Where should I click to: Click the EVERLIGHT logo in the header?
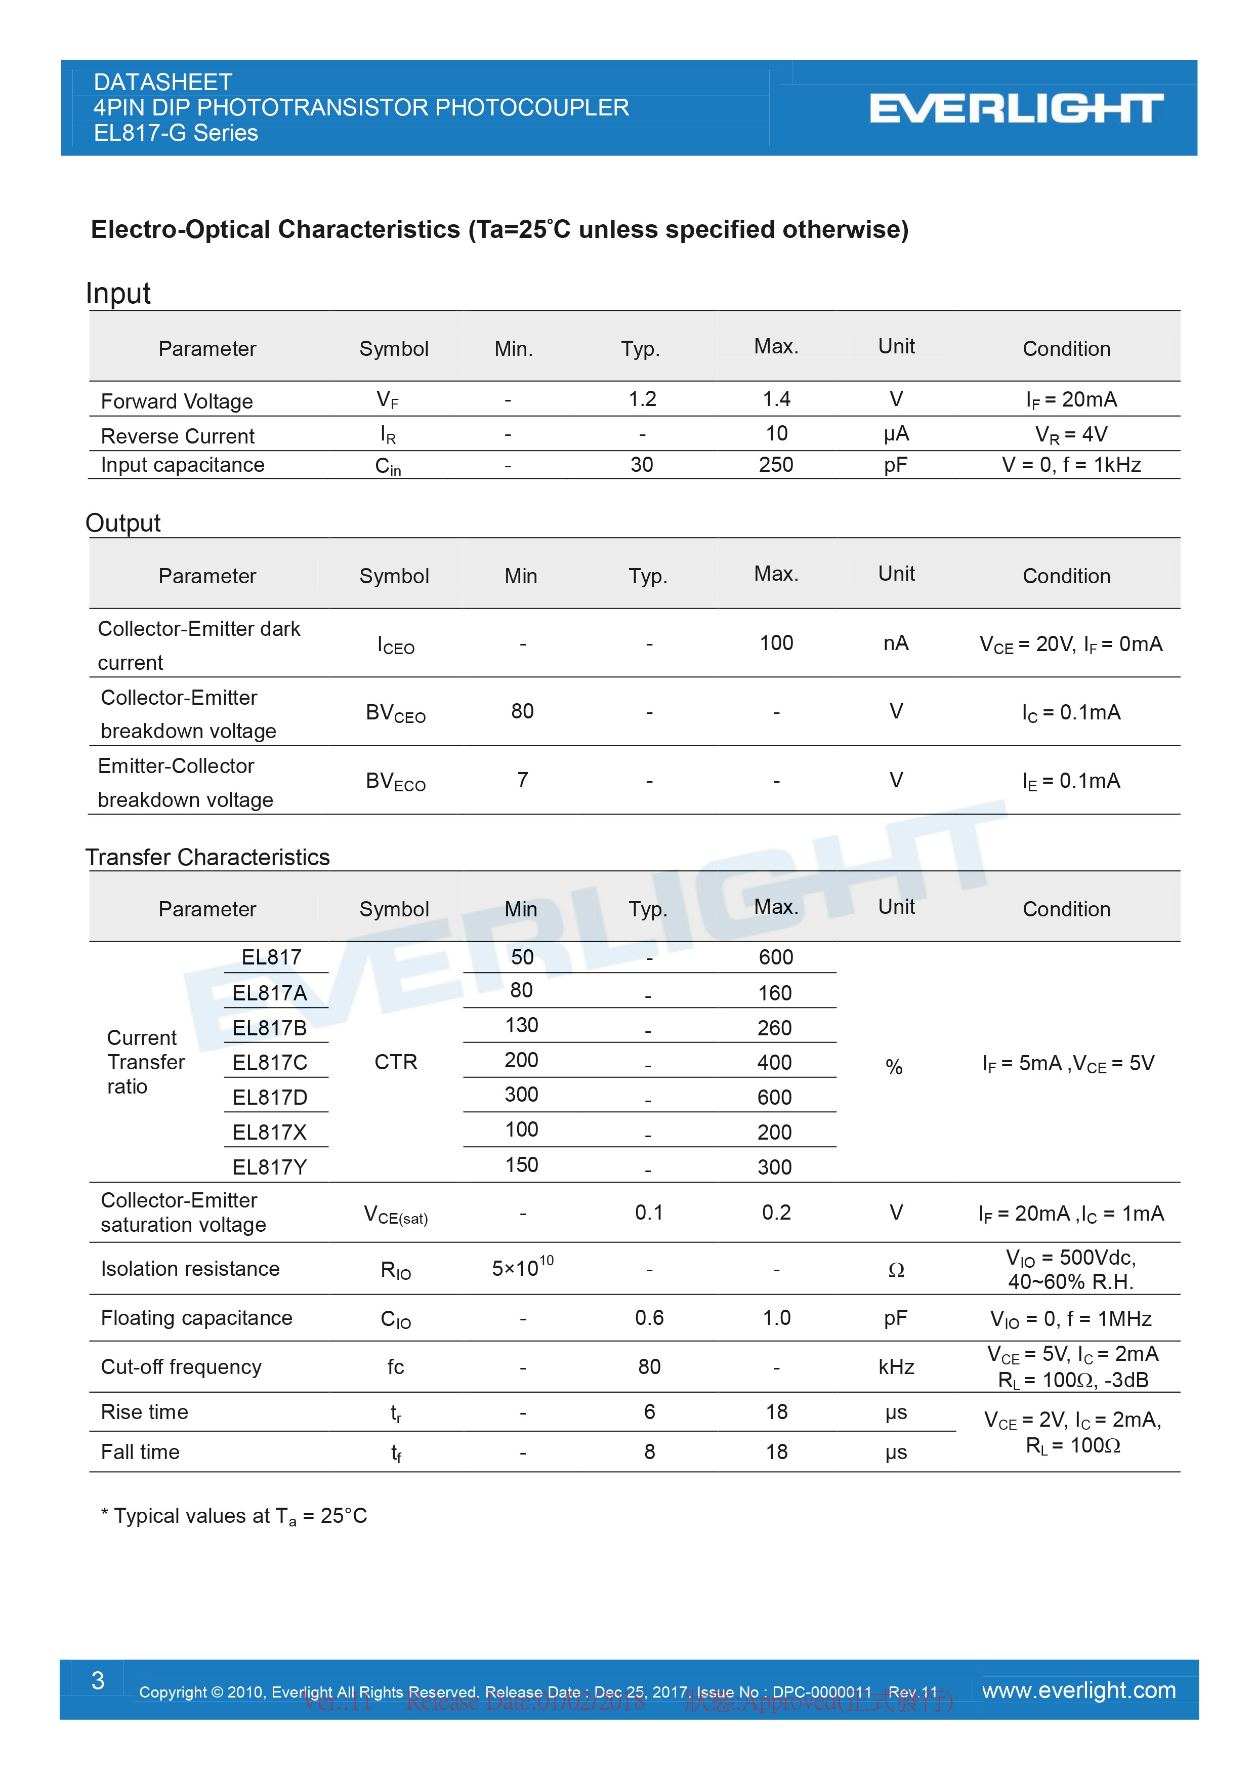(x=1016, y=108)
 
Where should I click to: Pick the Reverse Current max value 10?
(x=776, y=434)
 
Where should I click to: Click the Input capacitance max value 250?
(x=776, y=465)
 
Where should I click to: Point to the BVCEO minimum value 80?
(x=522, y=711)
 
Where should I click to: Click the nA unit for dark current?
(x=896, y=643)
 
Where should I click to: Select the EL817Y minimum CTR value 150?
(x=522, y=1165)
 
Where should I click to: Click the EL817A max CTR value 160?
(x=774, y=993)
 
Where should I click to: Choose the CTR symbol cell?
(x=396, y=1062)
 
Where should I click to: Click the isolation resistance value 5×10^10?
(x=522, y=1268)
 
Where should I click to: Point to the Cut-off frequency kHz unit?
(x=896, y=1367)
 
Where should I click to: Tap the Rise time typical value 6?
(x=649, y=1411)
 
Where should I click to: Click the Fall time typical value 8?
(x=649, y=1452)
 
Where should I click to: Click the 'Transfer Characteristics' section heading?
(x=207, y=857)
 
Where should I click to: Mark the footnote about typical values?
(x=233, y=1516)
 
